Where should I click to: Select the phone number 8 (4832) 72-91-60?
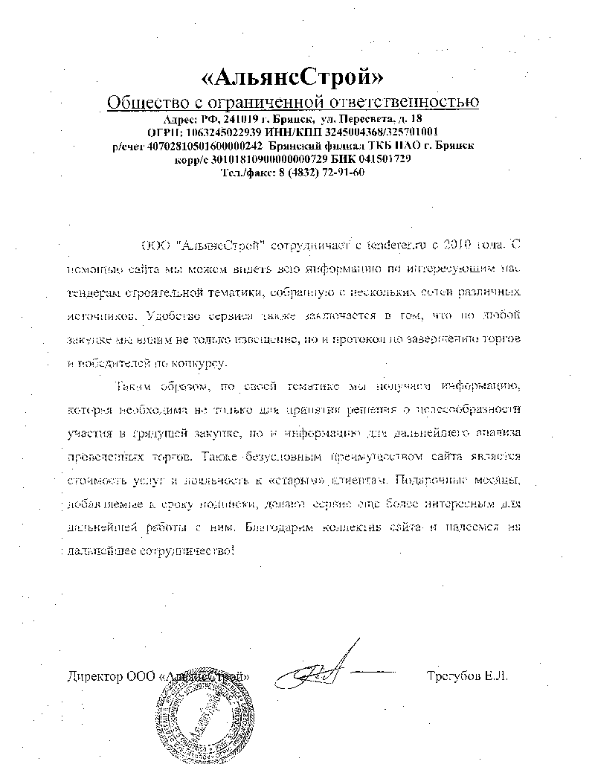[x=312, y=173]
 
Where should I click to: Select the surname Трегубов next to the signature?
[x=453, y=677]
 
